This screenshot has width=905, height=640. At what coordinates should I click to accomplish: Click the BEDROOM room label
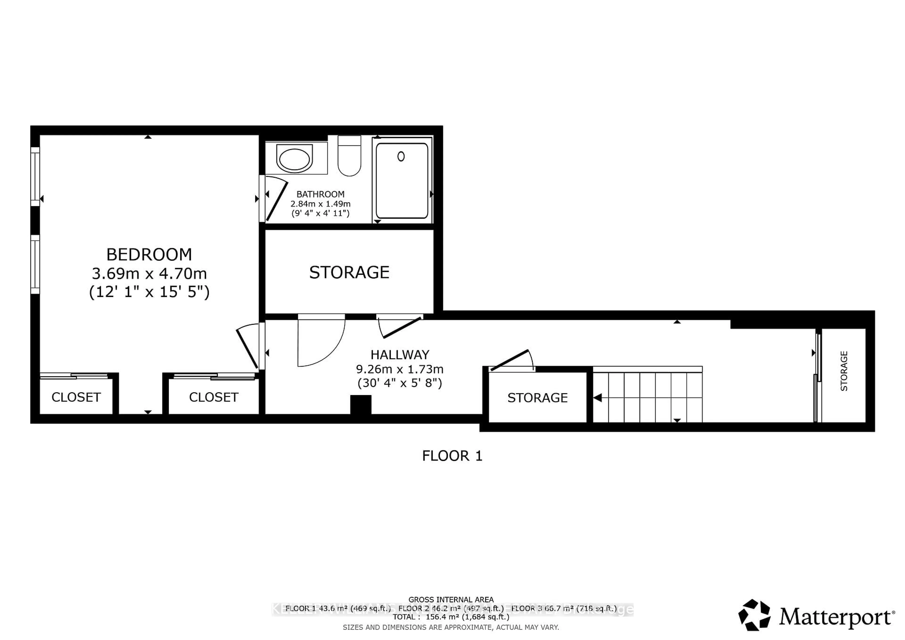tap(149, 254)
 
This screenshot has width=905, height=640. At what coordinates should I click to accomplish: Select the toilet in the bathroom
tap(349, 158)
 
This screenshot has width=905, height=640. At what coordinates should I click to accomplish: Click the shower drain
tap(401, 156)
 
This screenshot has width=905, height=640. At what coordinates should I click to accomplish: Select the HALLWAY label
tap(400, 355)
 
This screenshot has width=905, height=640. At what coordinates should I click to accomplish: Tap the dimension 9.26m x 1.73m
tap(400, 369)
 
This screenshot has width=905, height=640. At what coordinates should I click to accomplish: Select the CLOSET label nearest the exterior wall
tap(76, 397)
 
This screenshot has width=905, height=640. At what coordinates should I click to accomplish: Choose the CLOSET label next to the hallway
tap(213, 397)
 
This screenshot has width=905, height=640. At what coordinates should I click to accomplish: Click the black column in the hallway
tap(361, 405)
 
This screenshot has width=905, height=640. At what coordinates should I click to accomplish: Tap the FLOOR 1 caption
tap(452, 456)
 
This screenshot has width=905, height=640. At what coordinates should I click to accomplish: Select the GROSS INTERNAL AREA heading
tap(451, 600)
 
